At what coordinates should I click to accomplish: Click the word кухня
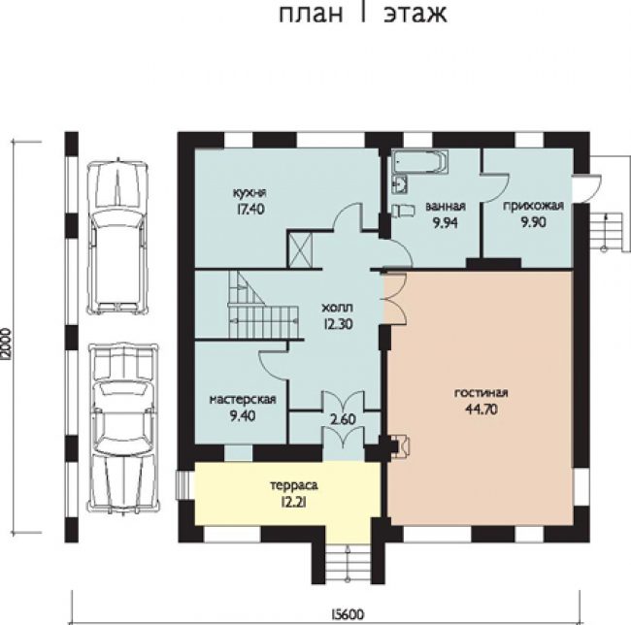(249, 193)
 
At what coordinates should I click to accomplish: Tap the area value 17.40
(249, 209)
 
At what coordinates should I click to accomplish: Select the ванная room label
(446, 207)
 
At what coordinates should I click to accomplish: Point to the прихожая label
(533, 207)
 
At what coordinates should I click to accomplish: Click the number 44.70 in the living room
(482, 410)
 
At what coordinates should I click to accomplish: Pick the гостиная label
(482, 393)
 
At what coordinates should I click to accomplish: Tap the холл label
(338, 308)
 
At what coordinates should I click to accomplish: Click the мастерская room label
(243, 400)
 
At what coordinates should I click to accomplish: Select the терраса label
(294, 485)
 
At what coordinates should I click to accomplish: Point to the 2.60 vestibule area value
(344, 419)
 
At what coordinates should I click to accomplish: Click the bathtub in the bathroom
(420, 162)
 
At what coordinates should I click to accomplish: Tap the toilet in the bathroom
(403, 211)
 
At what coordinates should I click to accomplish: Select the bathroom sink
(399, 184)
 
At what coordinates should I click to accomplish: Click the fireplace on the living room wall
(401, 446)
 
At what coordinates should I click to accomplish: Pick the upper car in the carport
(118, 237)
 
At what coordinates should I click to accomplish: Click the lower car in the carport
(123, 428)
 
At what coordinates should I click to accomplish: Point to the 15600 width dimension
(348, 614)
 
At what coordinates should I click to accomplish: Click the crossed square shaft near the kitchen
(301, 249)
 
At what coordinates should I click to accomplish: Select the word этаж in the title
(415, 14)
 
